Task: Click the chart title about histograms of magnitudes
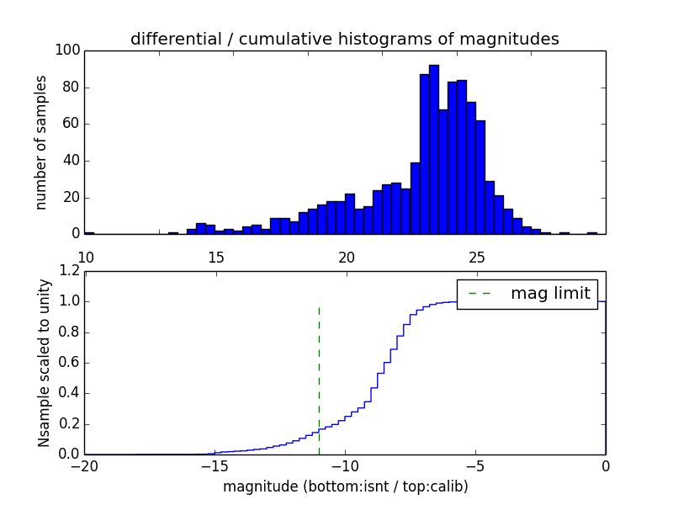pos(344,39)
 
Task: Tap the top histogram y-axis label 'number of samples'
pos(40,142)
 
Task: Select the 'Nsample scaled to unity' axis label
pos(44,362)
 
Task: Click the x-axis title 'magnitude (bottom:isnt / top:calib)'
pos(345,486)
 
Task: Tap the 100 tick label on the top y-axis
pos(67,50)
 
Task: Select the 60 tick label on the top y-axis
pos(71,125)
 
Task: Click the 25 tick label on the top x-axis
pos(475,257)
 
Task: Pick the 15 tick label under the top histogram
pos(215,257)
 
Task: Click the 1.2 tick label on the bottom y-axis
pos(69,271)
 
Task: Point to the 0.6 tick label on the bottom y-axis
pos(69,363)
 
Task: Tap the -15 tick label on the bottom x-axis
pos(215,466)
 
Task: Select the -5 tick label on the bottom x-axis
pos(475,466)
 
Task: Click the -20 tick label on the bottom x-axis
pos(84,466)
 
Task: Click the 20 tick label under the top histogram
pos(345,257)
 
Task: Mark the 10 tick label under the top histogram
pos(85,257)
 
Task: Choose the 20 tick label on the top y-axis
pos(71,198)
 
